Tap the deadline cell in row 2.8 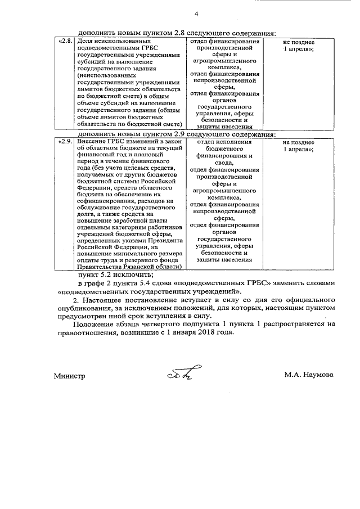[298, 46]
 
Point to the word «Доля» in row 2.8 [85, 42]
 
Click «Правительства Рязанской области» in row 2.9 [130, 267]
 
